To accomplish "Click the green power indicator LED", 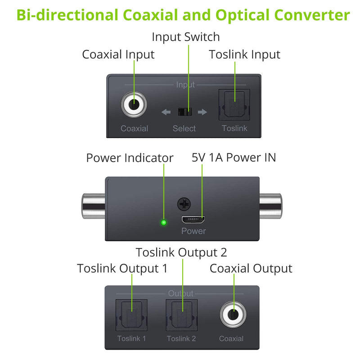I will pos(164,222).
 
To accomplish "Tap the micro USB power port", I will pos(193,220).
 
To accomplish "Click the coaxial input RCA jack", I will pos(134,106).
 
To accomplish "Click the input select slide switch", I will pos(184,112).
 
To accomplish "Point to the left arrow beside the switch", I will pos(166,112).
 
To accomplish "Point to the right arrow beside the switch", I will pos(202,112).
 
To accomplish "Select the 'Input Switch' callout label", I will pos(185,36).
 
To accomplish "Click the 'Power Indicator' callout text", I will pos(130,158).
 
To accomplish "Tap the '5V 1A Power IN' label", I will pos(234,157).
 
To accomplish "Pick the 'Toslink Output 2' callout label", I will pos(181,252).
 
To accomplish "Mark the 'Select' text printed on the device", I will pos(184,129).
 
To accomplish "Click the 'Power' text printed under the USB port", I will pos(193,231).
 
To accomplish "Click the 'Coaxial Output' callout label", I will pos(251,269).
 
